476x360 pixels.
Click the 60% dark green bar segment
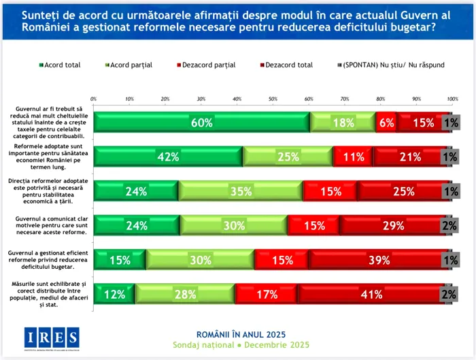click(202, 122)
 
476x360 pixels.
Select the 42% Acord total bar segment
click(169, 157)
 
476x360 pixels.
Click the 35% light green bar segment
click(241, 191)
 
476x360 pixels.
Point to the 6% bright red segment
click(386, 122)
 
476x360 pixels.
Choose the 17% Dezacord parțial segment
click(267, 294)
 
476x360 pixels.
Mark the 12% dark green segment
click(114, 294)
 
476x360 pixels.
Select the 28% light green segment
click(185, 294)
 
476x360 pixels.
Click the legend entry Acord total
click(60, 65)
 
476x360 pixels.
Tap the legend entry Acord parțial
click(129, 65)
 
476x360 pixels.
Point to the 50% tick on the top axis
click(273, 99)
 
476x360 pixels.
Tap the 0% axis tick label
click(93, 99)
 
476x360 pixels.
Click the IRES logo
click(52, 338)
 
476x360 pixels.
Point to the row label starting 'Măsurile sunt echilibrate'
click(46, 294)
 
